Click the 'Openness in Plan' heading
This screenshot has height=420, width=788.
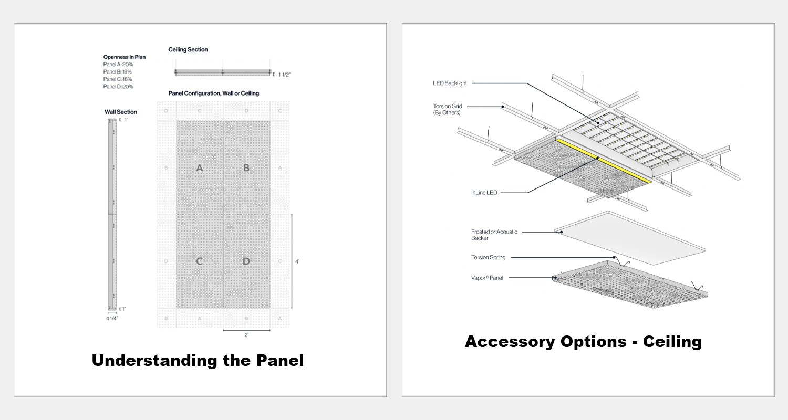pyautogui.click(x=125, y=57)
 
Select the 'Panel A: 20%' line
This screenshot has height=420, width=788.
pyautogui.click(x=118, y=64)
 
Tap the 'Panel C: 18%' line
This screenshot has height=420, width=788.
pyautogui.click(x=118, y=79)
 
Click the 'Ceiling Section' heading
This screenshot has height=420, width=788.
pyautogui.click(x=188, y=49)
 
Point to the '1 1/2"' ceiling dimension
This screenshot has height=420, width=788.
pyautogui.click(x=284, y=75)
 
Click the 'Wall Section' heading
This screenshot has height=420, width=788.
pyautogui.click(x=121, y=112)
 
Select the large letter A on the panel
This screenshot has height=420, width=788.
pyautogui.click(x=199, y=168)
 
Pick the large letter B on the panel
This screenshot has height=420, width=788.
pyautogui.click(x=246, y=168)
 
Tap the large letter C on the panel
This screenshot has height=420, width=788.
pyautogui.click(x=200, y=261)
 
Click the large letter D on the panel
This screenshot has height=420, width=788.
pyautogui.click(x=246, y=261)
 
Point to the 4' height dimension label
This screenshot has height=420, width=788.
pyautogui.click(x=297, y=261)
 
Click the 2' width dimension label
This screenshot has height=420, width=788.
pyautogui.click(x=246, y=335)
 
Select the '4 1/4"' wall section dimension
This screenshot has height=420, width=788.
pyautogui.click(x=111, y=318)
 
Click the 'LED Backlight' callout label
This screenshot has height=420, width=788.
pyautogui.click(x=450, y=83)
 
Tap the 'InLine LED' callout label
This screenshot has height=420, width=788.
pyautogui.click(x=484, y=193)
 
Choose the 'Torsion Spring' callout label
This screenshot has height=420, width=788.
pyautogui.click(x=488, y=257)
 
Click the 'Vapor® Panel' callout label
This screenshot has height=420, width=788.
pyautogui.click(x=487, y=278)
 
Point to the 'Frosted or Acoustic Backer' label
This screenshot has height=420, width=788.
pyautogui.click(x=487, y=235)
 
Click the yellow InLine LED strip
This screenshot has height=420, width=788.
pyautogui.click(x=604, y=161)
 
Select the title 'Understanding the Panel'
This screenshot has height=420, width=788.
pyautogui.click(x=198, y=361)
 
